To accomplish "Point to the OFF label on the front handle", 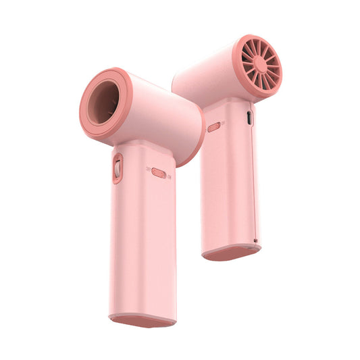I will (x=148, y=170).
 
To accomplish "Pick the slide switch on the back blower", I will (x=214, y=126).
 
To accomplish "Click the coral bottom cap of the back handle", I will (x=231, y=254).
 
